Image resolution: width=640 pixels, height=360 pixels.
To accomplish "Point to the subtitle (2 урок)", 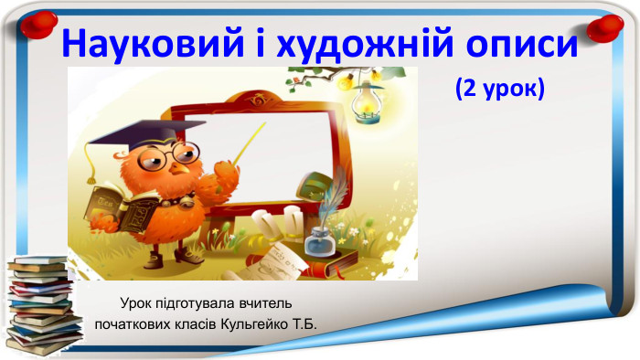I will click(498, 89).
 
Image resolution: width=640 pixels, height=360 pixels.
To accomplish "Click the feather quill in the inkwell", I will click(336, 196).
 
